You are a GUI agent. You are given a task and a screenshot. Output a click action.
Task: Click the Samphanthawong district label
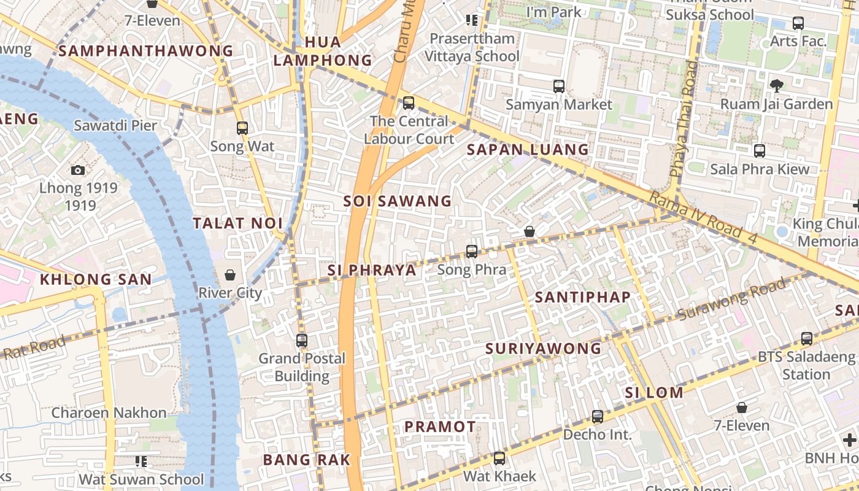point(146,51)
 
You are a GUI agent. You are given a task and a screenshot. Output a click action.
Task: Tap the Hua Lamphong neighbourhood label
point(323,51)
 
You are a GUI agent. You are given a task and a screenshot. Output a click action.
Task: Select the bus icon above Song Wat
point(242,128)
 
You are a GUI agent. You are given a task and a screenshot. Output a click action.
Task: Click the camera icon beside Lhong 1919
point(78,170)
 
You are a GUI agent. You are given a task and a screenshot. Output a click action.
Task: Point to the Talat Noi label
point(238,223)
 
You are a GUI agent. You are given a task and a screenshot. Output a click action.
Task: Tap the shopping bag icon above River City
point(230,274)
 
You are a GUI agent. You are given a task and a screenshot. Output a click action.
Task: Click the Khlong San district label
point(96,280)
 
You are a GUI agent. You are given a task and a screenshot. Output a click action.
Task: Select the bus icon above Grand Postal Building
point(301,340)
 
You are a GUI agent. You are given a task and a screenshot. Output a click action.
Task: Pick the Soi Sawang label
point(398,201)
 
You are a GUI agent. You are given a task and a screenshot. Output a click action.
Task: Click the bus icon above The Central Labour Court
point(409,102)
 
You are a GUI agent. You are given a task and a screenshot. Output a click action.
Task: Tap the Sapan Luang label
point(528,150)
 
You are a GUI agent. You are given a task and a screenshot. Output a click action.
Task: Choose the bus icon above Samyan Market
point(559,86)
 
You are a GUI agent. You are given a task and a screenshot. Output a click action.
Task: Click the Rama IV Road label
point(703,218)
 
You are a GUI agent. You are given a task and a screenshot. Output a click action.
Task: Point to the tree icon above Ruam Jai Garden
point(776,85)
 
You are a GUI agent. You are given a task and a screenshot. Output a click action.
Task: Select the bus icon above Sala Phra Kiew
point(760,150)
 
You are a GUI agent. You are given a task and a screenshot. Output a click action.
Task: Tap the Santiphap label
point(583,298)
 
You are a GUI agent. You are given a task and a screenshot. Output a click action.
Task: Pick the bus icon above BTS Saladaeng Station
point(807,338)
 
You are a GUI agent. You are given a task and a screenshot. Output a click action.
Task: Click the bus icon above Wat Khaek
point(499,458)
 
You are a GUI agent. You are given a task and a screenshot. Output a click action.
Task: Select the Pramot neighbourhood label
point(440,427)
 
